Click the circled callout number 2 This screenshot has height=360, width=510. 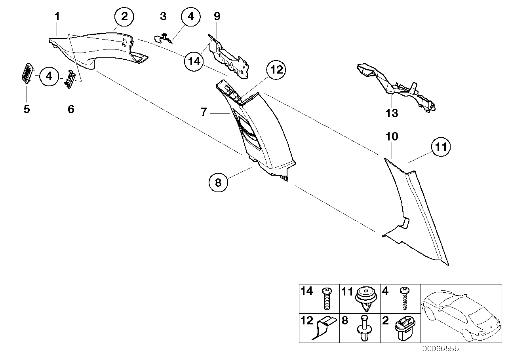click(x=124, y=17)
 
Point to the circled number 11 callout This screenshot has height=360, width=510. click(x=441, y=148)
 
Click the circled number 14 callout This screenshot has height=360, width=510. click(x=194, y=62)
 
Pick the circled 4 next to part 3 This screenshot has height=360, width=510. click(x=191, y=17)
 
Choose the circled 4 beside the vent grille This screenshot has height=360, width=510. click(x=49, y=76)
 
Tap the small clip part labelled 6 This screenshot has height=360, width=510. click(x=72, y=79)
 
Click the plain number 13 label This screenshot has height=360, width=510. click(x=392, y=113)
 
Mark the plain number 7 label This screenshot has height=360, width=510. click(x=204, y=112)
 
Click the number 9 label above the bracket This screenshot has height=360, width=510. click(x=217, y=16)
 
